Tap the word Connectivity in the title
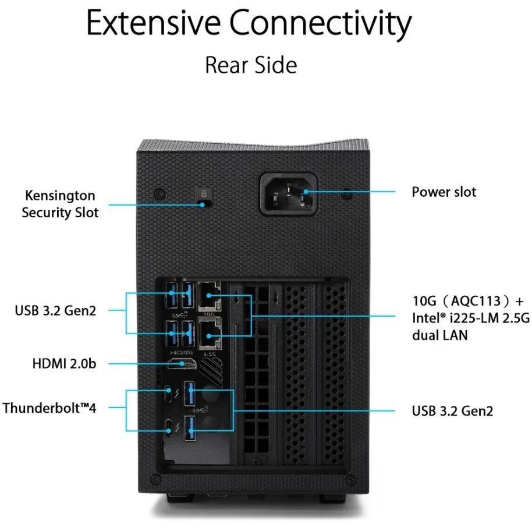[x=320, y=24]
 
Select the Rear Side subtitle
[x=251, y=65]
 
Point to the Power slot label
[x=444, y=192]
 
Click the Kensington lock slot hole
[x=203, y=204]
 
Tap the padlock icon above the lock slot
[x=203, y=192]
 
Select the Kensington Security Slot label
[x=60, y=204]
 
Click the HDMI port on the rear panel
[x=182, y=364]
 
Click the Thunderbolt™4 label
[x=49, y=408]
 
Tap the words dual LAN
[x=440, y=336]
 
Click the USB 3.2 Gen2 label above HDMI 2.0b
[x=55, y=310]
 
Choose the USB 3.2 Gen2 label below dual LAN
[x=452, y=411]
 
